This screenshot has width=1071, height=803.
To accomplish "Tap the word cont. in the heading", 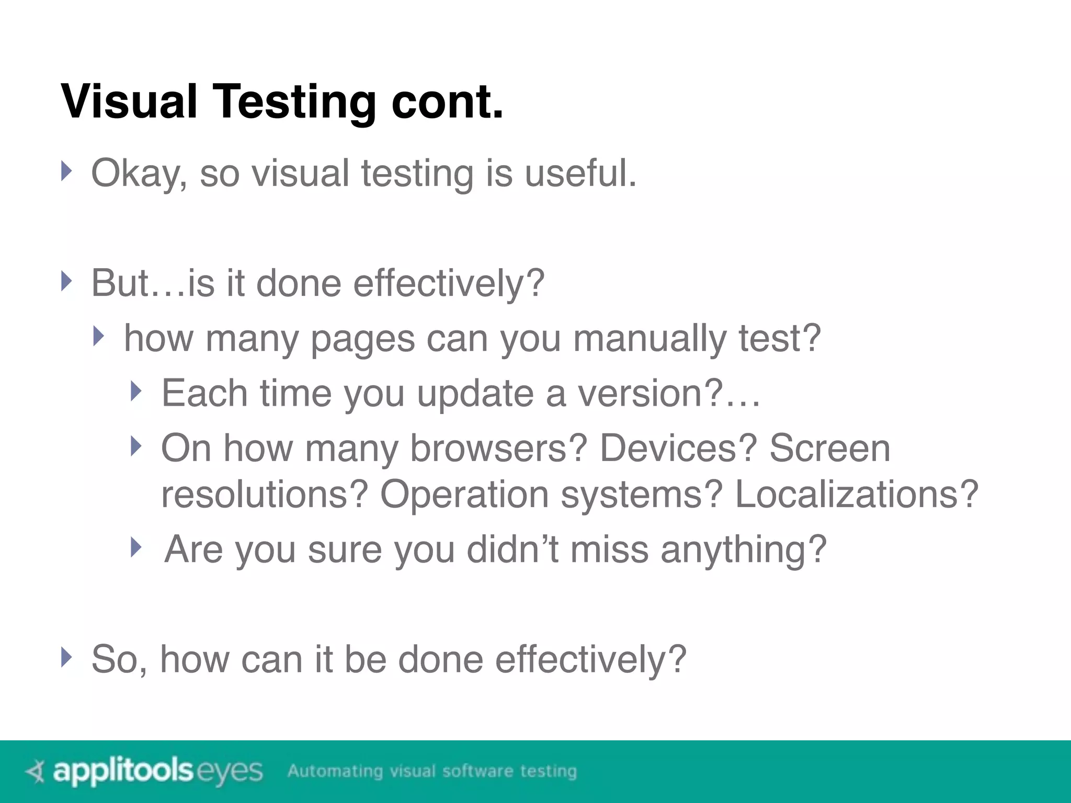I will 447,102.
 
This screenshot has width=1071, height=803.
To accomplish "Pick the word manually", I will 649,339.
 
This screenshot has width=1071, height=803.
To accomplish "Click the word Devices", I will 678,449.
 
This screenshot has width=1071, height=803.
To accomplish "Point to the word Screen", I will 829,449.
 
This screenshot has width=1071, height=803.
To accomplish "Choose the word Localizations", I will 856,494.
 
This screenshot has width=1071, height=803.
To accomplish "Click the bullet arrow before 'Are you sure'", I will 136,547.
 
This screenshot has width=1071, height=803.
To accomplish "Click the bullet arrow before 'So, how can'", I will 65,657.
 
